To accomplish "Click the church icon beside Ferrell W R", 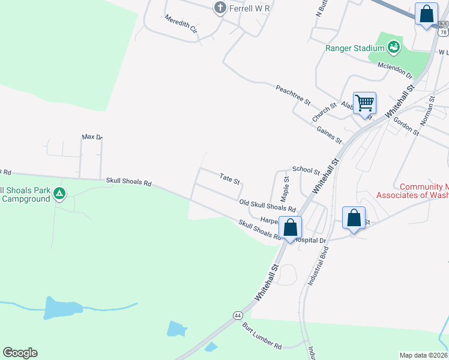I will click(x=220, y=8).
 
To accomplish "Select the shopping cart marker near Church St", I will click(x=364, y=104).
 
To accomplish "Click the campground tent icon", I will click(x=59, y=194).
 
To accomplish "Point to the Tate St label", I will click(x=230, y=179).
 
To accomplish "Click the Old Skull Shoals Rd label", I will click(x=268, y=206).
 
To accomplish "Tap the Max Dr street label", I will click(x=92, y=137).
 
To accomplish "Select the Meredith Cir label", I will click(x=181, y=23).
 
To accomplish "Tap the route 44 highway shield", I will click(x=238, y=315).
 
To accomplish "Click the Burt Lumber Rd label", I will click(x=262, y=337).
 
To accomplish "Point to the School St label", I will click(x=306, y=170).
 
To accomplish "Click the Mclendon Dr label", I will click(x=395, y=71).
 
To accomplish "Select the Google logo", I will click(x=20, y=353).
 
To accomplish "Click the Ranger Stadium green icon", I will click(x=393, y=46).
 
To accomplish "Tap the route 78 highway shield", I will click(x=443, y=31).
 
